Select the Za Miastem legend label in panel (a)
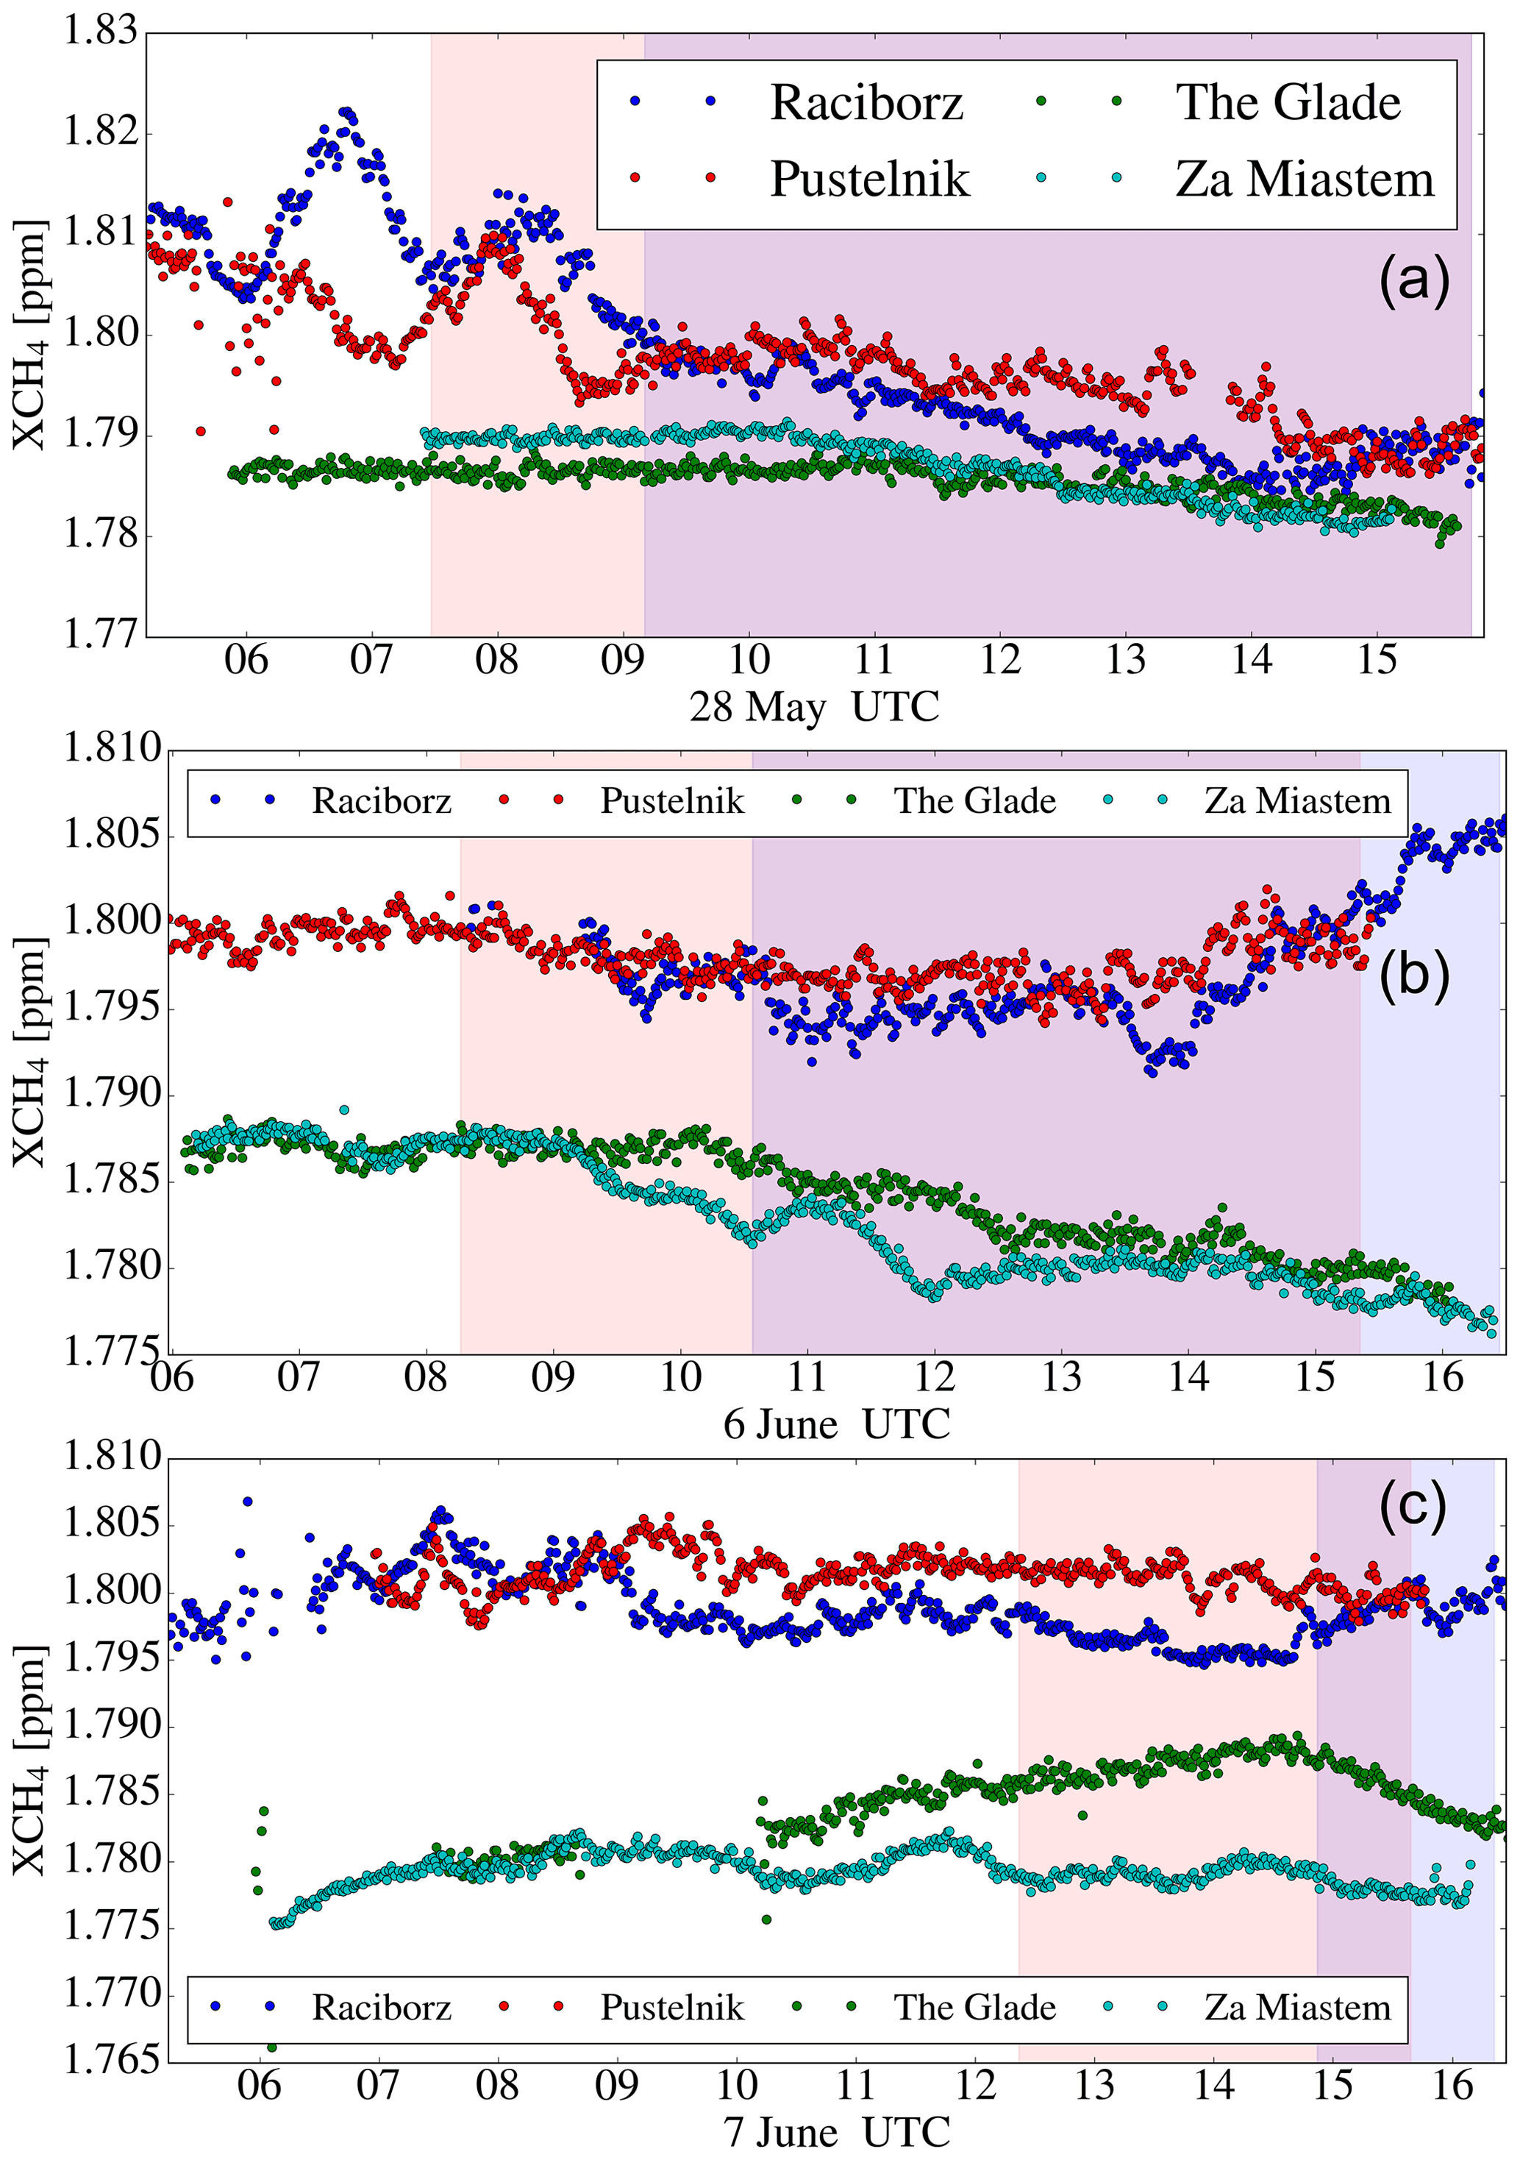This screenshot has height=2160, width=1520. (x=1305, y=179)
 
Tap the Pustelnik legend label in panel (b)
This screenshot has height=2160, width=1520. (x=671, y=800)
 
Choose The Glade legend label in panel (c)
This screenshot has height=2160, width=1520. (x=974, y=2008)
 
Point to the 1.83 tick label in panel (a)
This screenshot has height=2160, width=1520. (x=100, y=31)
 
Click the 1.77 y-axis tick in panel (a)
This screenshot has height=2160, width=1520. (x=100, y=634)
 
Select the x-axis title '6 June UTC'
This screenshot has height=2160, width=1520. (x=836, y=1424)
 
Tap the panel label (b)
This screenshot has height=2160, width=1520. (x=1413, y=976)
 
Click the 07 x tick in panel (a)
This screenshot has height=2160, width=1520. (x=371, y=661)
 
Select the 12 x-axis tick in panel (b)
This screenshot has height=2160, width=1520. (x=934, y=1378)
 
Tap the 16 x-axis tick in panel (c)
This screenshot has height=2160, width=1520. (x=1452, y=2086)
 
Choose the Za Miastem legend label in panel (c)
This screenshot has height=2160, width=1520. (x=1297, y=2008)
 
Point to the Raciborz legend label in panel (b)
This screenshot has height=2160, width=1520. (x=381, y=800)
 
